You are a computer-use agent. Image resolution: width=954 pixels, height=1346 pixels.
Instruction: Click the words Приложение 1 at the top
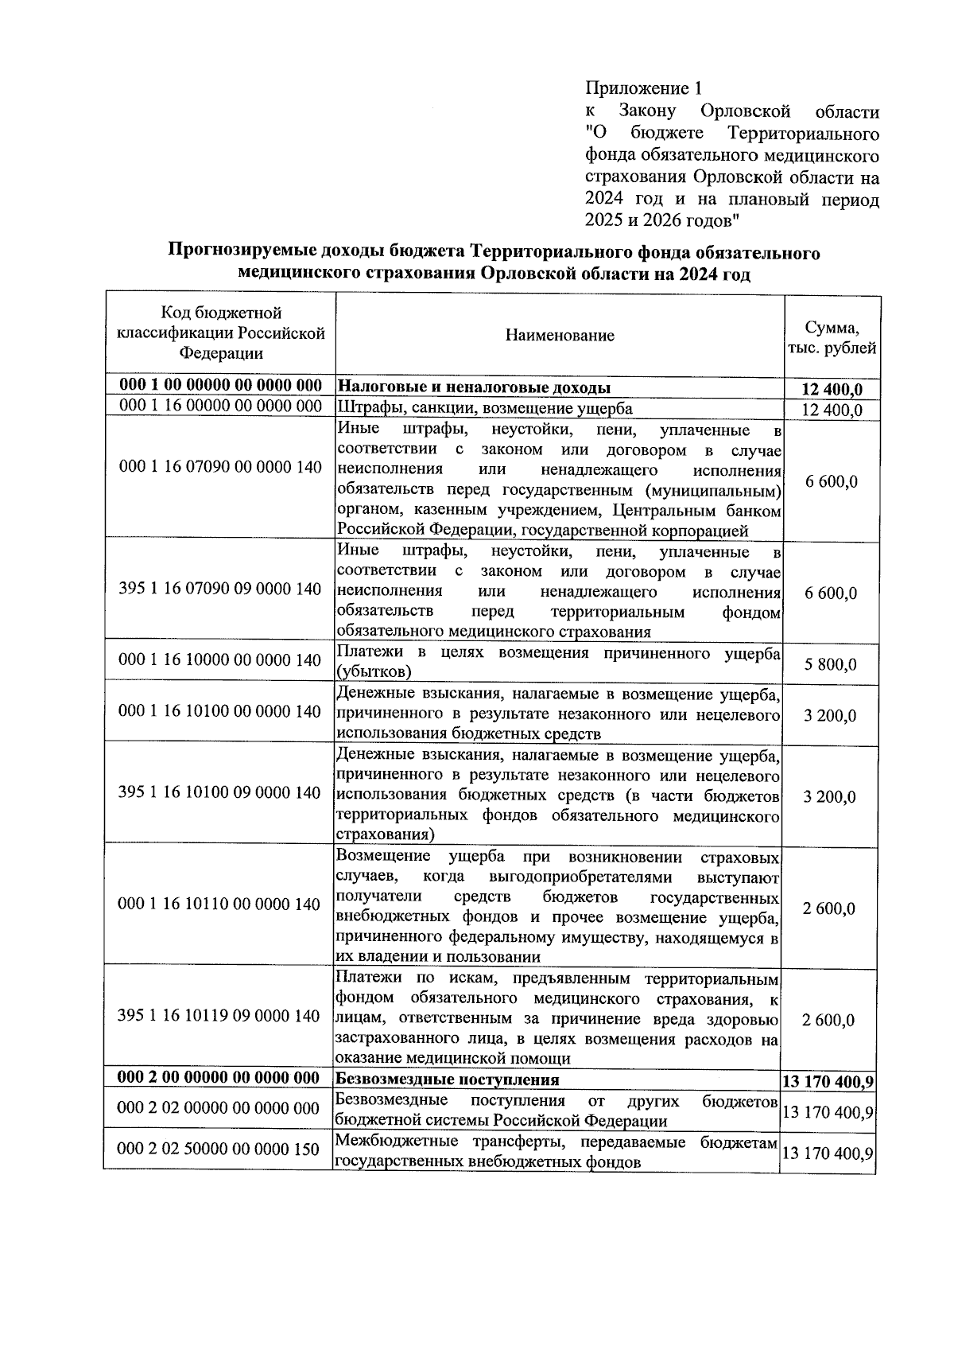click(645, 88)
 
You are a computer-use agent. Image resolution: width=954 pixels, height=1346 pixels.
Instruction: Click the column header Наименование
click(560, 335)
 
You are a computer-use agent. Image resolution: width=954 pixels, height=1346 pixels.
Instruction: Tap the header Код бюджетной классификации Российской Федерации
click(221, 333)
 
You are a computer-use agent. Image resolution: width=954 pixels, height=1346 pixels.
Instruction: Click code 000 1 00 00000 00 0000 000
click(220, 386)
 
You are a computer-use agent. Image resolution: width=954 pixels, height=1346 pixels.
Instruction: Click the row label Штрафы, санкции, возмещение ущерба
click(485, 409)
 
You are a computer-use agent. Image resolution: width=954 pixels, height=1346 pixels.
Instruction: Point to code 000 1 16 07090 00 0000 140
click(220, 467)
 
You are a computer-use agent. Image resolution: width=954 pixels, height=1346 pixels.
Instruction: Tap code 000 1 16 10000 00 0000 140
click(220, 659)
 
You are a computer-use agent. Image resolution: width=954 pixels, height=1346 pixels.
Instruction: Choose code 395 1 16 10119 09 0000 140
click(219, 1016)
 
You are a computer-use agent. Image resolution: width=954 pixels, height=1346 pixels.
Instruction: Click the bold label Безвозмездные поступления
click(448, 1080)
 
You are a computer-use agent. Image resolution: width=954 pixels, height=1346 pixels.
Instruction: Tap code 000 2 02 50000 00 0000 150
click(219, 1150)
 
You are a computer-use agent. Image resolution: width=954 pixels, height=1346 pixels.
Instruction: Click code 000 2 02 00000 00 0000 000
click(219, 1108)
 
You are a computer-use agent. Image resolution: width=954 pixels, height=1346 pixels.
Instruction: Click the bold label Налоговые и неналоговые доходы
click(474, 387)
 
